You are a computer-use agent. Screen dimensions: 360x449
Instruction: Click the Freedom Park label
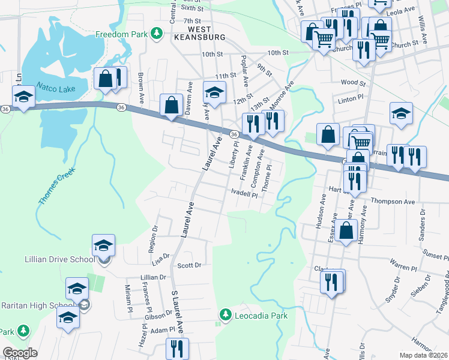coord(121,34)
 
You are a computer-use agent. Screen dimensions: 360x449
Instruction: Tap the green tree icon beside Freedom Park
coord(157,33)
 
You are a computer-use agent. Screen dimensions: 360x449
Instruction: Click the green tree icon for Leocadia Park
coord(226,314)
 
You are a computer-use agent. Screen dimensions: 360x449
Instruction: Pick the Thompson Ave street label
coord(393,202)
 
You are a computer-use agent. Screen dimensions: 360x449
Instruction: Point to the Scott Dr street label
coord(188,265)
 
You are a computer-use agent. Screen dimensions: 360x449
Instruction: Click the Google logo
coord(20,353)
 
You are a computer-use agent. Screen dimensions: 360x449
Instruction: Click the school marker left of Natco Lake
coord(24,97)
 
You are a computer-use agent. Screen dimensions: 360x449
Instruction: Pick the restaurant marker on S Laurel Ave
coord(177,349)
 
